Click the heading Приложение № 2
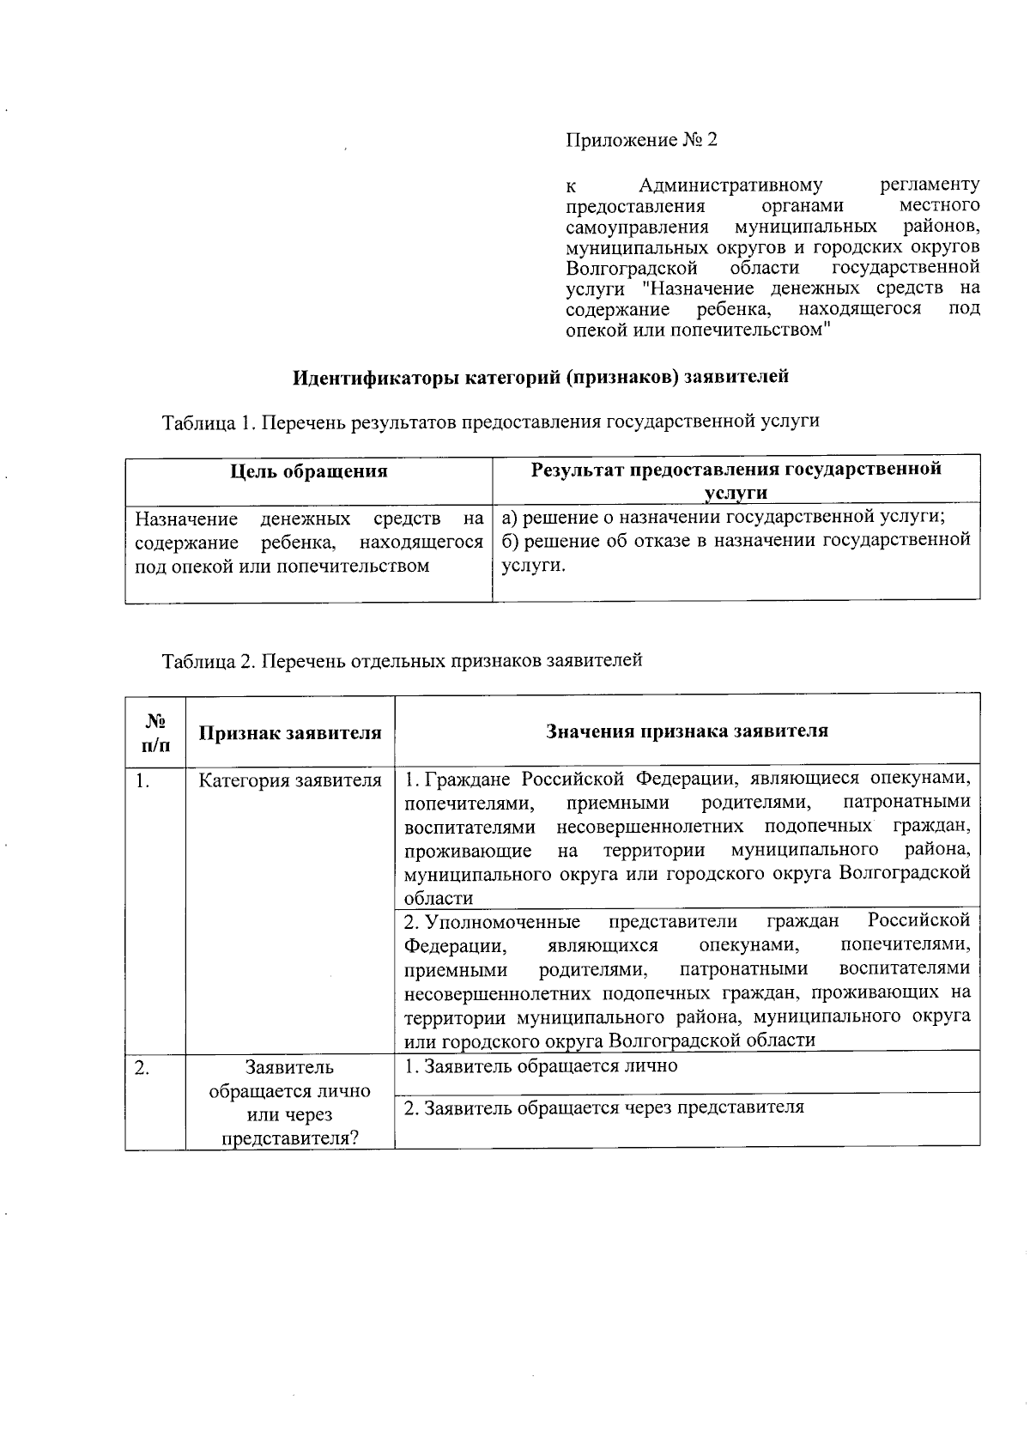(x=640, y=140)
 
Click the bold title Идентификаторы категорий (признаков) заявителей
(x=541, y=376)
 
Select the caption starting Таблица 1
(x=490, y=421)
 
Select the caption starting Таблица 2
(x=402, y=660)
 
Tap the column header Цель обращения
(x=309, y=470)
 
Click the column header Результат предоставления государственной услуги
(x=736, y=480)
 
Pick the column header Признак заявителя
(x=290, y=732)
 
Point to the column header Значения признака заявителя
(x=687, y=731)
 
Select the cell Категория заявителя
(x=290, y=780)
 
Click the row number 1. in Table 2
(x=142, y=780)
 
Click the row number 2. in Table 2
(x=142, y=1068)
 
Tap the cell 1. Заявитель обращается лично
(x=541, y=1065)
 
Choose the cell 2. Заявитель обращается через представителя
(x=603, y=1107)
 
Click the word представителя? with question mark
(x=290, y=1138)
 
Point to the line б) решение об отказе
(x=736, y=540)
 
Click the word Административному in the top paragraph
(x=730, y=185)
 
